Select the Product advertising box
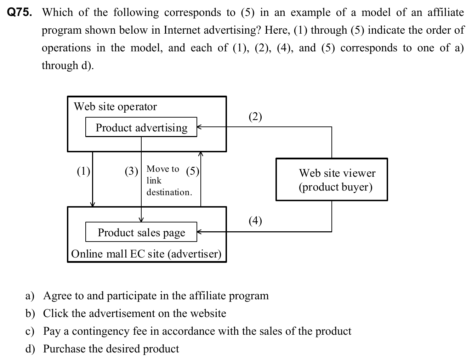pos(141,127)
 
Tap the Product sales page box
pos(141,232)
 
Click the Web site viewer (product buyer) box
pos(332,180)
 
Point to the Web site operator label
pos(115,107)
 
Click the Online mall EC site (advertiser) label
pos(146,254)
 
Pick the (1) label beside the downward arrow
pos(84,171)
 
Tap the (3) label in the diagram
pos(131,171)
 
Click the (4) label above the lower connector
pos(255,221)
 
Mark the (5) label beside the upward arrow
pos(193,171)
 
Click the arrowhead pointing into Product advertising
pos(199,127)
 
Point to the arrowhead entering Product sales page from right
pos(199,232)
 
